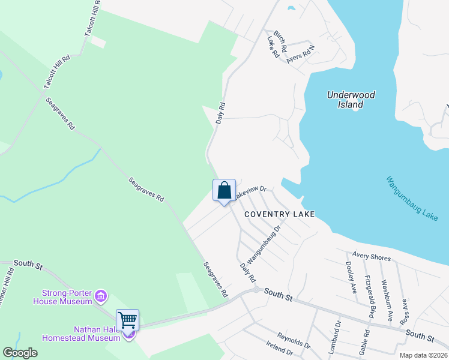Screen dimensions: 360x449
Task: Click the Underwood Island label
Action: tap(351, 100)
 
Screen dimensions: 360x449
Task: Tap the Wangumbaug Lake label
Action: tap(412, 198)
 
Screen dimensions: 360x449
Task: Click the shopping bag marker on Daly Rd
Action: tap(224, 191)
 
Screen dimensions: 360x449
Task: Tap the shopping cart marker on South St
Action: tap(128, 319)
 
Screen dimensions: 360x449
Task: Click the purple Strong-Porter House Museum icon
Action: tap(101, 296)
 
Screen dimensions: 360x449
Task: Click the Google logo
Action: tap(20, 353)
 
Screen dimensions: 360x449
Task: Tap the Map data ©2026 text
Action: tap(423, 355)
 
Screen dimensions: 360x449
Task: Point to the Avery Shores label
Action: tap(372, 257)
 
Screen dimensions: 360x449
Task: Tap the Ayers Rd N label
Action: tap(301, 53)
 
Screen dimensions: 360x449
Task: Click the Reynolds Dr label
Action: tap(294, 341)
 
